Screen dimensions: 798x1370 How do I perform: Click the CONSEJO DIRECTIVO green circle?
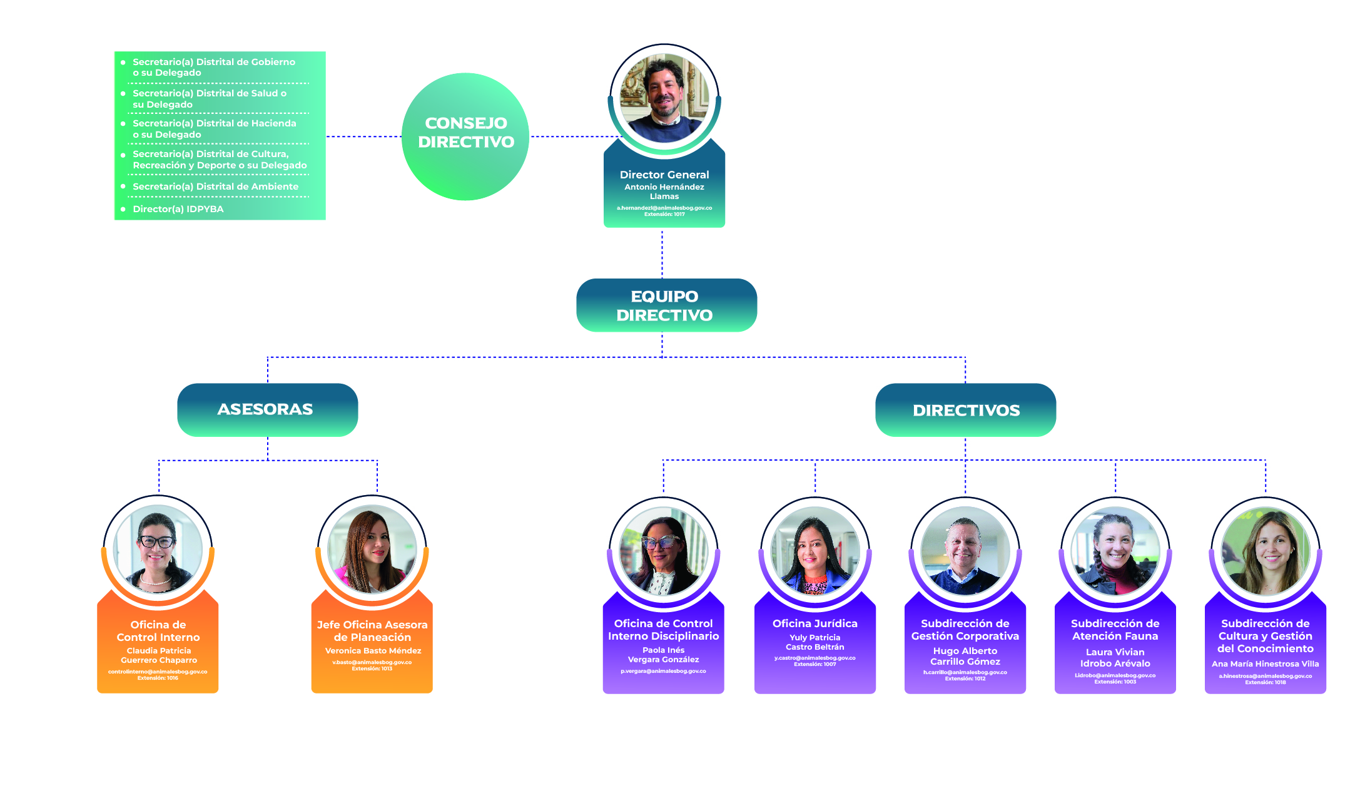click(465, 136)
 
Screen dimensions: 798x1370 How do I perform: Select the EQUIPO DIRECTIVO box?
click(666, 305)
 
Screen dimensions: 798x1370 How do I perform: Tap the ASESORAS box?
click(267, 410)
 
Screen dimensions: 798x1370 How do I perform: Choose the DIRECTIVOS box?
click(965, 411)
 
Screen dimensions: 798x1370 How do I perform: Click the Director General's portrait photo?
click(664, 98)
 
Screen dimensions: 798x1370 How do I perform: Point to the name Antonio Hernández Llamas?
click(664, 192)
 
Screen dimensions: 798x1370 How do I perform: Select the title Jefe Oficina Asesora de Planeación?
click(372, 631)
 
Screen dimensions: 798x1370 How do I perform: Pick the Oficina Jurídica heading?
click(814, 623)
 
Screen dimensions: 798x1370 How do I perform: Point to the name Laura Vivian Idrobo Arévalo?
click(1115, 658)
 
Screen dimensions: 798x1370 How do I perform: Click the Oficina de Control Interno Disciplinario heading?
click(663, 630)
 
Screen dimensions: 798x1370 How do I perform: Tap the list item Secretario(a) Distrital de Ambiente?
click(215, 187)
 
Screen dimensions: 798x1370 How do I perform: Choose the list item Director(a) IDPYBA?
click(178, 209)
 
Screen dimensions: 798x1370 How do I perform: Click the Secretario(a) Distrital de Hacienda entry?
click(214, 129)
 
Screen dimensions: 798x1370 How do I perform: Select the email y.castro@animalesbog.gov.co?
click(814, 658)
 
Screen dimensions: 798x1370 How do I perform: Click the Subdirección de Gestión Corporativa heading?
click(965, 630)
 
